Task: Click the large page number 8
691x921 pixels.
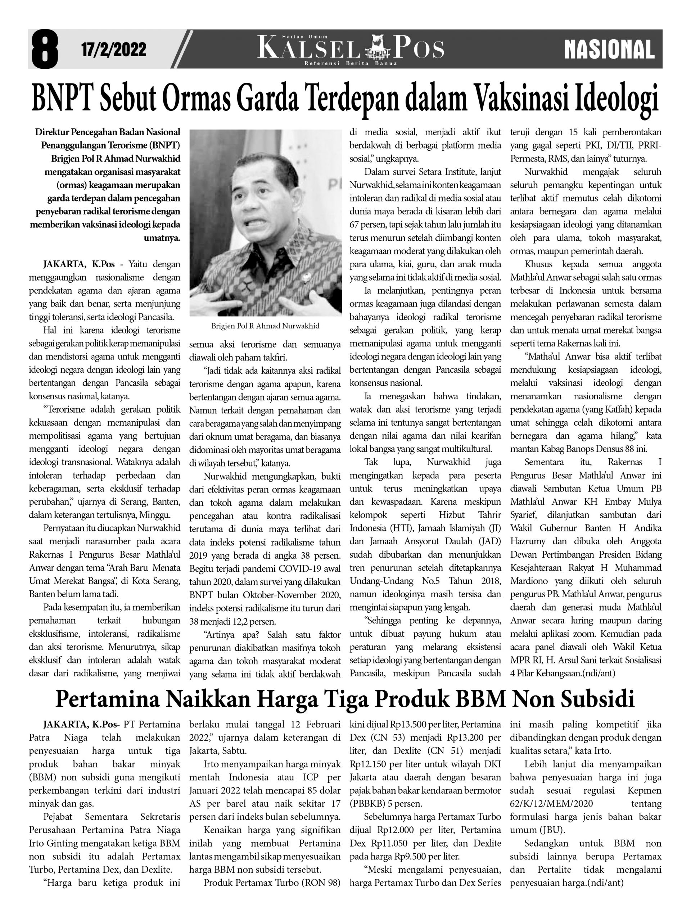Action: coord(44,49)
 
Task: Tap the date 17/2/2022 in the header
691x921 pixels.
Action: coord(113,50)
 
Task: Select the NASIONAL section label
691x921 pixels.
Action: coord(609,50)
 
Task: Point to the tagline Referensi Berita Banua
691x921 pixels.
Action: coord(351,63)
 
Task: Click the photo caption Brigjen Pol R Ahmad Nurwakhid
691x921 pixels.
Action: coord(265,326)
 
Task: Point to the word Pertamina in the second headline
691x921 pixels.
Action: coord(108,699)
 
